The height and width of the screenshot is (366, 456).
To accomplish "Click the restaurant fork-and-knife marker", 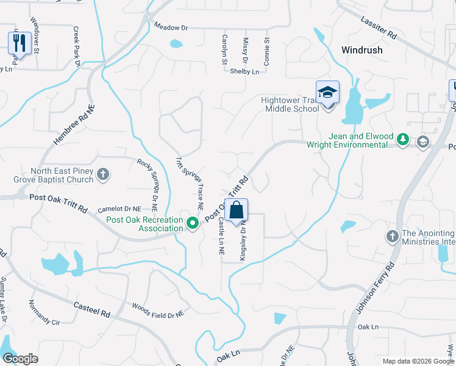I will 20,43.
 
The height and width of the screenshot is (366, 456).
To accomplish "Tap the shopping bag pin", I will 237,211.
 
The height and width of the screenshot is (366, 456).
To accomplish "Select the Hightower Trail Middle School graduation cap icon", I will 327,93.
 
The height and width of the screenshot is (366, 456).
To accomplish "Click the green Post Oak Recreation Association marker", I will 193,223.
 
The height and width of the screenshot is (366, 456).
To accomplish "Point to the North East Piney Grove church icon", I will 102,175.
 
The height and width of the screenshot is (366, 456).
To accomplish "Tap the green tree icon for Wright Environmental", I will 402,140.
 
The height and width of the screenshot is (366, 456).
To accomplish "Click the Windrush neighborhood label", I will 362,50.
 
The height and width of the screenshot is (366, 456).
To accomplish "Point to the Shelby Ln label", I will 244,71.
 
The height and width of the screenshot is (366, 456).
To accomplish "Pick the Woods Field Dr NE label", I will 158,310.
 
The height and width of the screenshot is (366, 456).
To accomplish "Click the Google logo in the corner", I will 20,358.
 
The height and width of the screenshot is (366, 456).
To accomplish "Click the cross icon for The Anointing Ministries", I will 392,235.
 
